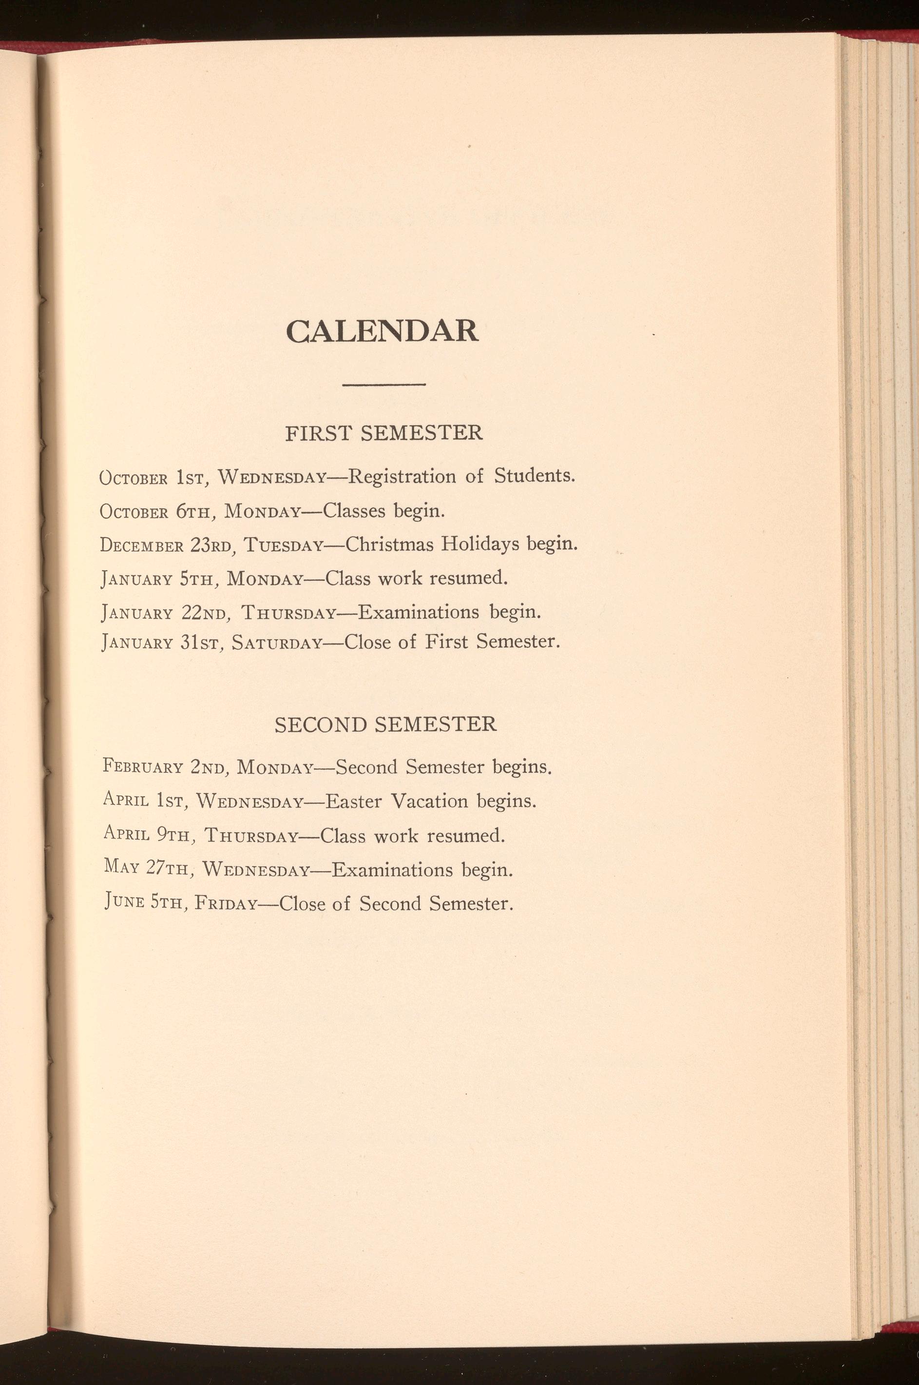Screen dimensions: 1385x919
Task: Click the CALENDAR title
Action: (382, 332)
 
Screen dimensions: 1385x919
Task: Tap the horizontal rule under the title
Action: (383, 385)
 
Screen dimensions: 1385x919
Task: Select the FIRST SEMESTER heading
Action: (384, 433)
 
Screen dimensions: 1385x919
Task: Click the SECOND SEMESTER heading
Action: (385, 725)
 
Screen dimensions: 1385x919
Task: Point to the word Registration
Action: (402, 476)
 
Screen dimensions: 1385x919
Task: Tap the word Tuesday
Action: (284, 546)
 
